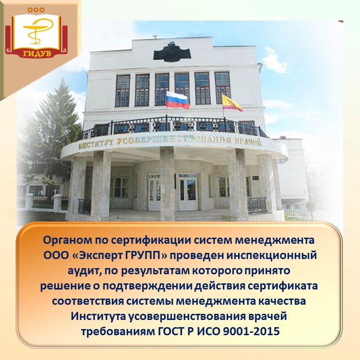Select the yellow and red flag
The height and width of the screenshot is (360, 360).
pos(231,101)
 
